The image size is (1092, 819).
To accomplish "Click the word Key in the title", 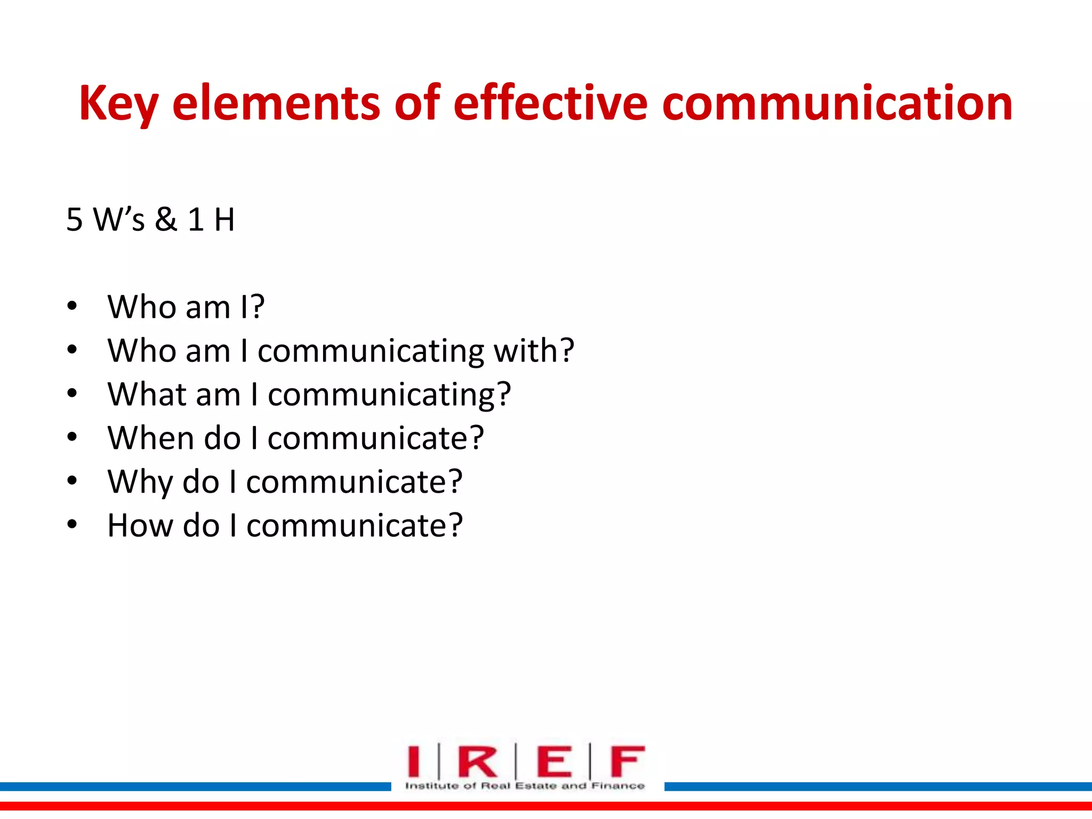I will (118, 104).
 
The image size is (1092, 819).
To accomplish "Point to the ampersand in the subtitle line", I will (166, 219).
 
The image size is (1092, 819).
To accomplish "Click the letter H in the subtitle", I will (224, 220).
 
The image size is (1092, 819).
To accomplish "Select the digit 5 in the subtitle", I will (75, 220).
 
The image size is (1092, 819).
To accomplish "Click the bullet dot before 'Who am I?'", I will (73, 307).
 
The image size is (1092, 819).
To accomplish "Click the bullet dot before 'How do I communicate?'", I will (73, 525).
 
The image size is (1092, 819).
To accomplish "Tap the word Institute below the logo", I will (431, 785).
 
